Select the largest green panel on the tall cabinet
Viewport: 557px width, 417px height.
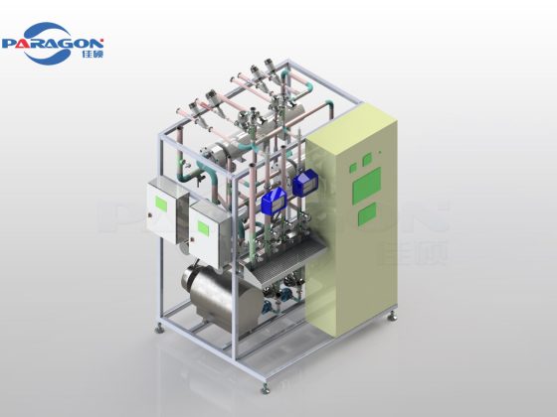point(368,181)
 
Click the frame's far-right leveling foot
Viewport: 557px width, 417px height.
point(397,317)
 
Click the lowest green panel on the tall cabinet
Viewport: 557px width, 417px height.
point(367,210)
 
